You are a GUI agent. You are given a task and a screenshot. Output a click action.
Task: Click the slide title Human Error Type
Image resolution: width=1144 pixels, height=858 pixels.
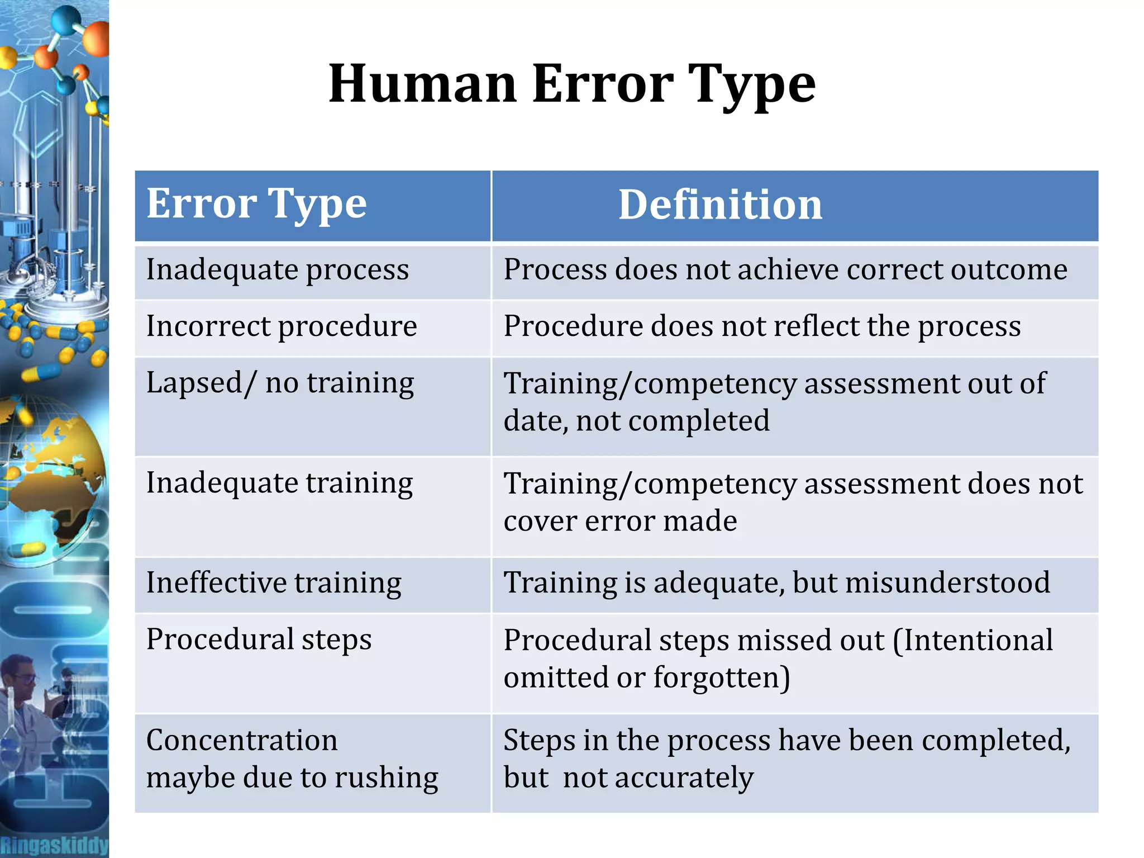click(572, 84)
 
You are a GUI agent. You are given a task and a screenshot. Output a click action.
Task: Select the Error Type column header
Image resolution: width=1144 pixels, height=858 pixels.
click(256, 205)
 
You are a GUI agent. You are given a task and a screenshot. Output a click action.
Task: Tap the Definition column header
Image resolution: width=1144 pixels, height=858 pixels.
click(720, 205)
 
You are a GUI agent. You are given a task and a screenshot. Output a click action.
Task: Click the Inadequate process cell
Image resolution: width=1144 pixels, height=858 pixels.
click(278, 270)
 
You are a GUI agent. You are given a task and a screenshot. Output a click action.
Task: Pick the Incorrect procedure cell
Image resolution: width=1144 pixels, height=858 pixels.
click(282, 326)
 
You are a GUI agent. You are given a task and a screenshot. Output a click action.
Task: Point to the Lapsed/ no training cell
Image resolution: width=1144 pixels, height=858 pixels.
click(280, 384)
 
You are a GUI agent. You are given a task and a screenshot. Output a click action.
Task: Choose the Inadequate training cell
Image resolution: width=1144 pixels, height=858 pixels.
click(279, 483)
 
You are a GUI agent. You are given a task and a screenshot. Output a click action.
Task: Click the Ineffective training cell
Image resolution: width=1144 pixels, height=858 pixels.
click(274, 583)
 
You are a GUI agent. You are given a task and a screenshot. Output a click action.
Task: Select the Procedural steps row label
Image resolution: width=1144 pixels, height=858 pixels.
click(259, 639)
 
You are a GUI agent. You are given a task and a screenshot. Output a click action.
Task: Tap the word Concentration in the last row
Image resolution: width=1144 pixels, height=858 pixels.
click(242, 740)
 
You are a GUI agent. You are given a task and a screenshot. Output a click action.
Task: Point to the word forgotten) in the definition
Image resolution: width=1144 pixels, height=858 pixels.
click(722, 677)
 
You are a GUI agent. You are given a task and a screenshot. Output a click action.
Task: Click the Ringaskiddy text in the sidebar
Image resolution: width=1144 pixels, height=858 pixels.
click(54, 845)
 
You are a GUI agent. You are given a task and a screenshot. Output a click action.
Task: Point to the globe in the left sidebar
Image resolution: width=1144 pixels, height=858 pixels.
click(53, 475)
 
